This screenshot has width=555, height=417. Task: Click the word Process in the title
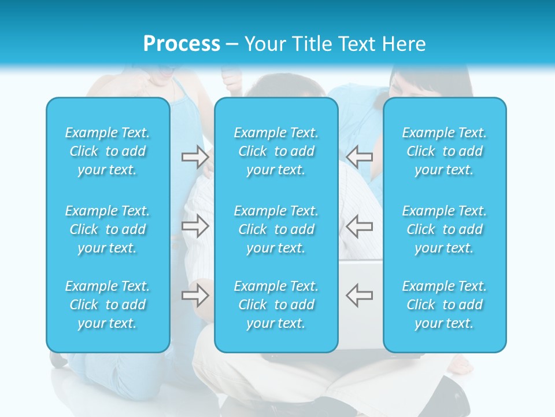click(x=182, y=44)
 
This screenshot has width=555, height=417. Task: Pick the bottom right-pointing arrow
click(x=195, y=295)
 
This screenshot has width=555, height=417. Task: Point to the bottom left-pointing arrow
click(x=359, y=295)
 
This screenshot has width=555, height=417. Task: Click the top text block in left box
click(x=108, y=151)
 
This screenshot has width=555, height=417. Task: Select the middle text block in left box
click(x=108, y=229)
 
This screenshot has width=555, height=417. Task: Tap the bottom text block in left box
click(x=108, y=305)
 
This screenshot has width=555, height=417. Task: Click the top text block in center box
click(x=276, y=151)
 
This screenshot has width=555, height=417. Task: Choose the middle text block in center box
click(x=276, y=229)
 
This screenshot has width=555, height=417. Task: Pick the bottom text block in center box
click(x=276, y=305)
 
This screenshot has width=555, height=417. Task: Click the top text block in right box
click(x=444, y=151)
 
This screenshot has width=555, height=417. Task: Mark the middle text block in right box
click(x=444, y=229)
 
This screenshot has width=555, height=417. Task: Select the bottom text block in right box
click(x=444, y=305)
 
